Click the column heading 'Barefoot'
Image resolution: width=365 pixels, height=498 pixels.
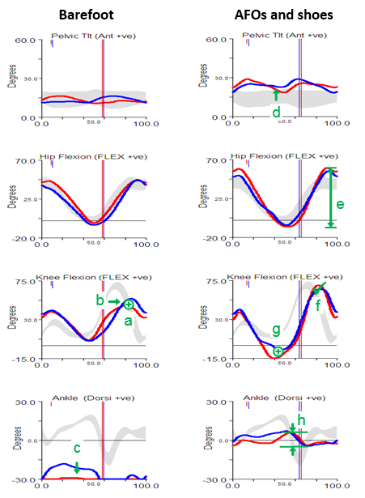pyautogui.click(x=83, y=14)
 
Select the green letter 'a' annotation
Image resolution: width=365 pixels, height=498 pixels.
pyautogui.click(x=128, y=321)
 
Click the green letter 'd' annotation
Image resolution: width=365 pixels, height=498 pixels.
pyautogui.click(x=276, y=111)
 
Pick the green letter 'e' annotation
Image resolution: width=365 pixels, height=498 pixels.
pyautogui.click(x=340, y=204)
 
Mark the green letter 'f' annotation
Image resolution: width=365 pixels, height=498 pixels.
pyautogui.click(x=317, y=304)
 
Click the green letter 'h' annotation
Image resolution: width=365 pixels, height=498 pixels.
pyautogui.click(x=300, y=419)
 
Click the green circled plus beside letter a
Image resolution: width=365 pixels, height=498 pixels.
pyautogui.click(x=129, y=304)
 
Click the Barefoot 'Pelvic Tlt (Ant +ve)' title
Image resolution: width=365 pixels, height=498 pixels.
pyautogui.click(x=88, y=36)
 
